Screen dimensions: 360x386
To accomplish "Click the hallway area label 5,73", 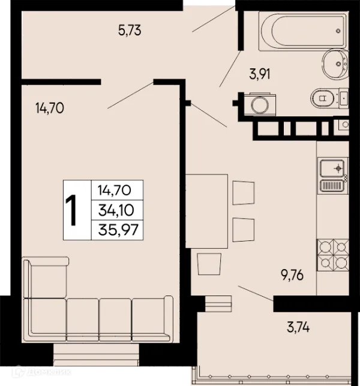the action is pyautogui.click(x=130, y=31).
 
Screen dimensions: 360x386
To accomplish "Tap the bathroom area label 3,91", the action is pyautogui.click(x=260, y=74).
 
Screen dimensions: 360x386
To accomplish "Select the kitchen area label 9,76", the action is pyautogui.click(x=292, y=275).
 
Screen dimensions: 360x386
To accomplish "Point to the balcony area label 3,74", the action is pyautogui.click(x=298, y=327).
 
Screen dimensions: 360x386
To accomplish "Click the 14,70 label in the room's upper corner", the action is pyautogui.click(x=50, y=108).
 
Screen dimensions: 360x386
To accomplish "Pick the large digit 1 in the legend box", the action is pyautogui.click(x=72, y=210).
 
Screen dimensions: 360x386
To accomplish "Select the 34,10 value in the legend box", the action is pyautogui.click(x=116, y=210).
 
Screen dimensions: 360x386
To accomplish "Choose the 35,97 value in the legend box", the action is pyautogui.click(x=118, y=230).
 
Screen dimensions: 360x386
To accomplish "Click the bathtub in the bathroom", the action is pyautogui.click(x=304, y=31).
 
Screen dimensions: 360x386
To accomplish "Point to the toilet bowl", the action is pyautogui.click(x=323, y=98).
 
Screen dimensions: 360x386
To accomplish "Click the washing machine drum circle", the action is pyautogui.click(x=259, y=105).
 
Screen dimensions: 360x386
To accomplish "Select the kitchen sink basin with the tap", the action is pyautogui.click(x=332, y=168).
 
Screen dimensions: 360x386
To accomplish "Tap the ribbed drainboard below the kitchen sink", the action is pyautogui.click(x=332, y=186).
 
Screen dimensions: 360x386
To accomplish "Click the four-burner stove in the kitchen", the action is pyautogui.click(x=333, y=255).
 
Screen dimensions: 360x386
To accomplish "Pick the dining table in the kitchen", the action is pyautogui.click(x=206, y=211).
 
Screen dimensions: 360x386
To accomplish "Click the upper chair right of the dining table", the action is pyautogui.click(x=244, y=193).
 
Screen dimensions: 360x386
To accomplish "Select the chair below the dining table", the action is pyautogui.click(x=209, y=264).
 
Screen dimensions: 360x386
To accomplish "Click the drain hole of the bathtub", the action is pyautogui.click(x=338, y=31).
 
